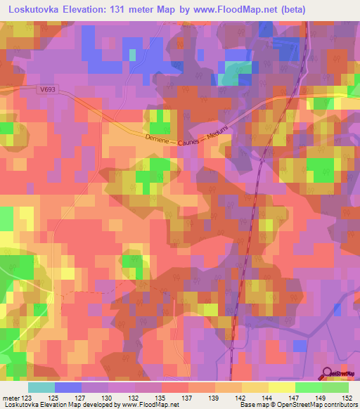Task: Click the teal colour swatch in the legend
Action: pyautogui.click(x=41, y=387)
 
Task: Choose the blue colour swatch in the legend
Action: pyautogui.click(x=68, y=387)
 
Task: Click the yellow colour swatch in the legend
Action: pyautogui.click(x=282, y=387)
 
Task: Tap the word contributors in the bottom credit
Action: pyautogui.click(x=340, y=405)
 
